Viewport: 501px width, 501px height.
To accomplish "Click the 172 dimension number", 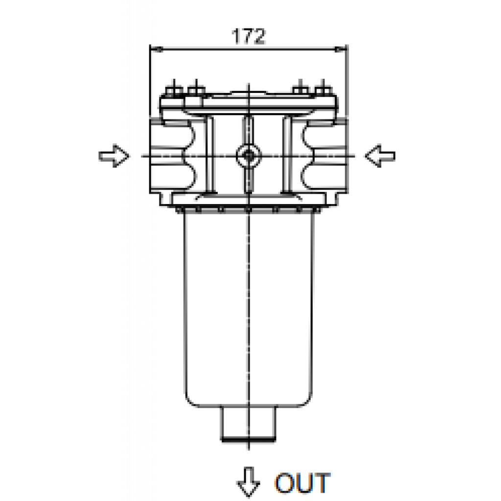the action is click(249, 36).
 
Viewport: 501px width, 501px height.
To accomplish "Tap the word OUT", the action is click(302, 482).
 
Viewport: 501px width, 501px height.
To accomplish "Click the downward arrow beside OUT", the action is click(249, 482).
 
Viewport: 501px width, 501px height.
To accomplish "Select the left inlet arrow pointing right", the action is click(114, 156).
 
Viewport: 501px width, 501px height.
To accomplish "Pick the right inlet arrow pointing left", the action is click(380, 156).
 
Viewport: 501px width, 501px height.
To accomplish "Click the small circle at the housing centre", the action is click(248, 156).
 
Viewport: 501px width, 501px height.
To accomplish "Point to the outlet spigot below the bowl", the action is click(248, 424).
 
